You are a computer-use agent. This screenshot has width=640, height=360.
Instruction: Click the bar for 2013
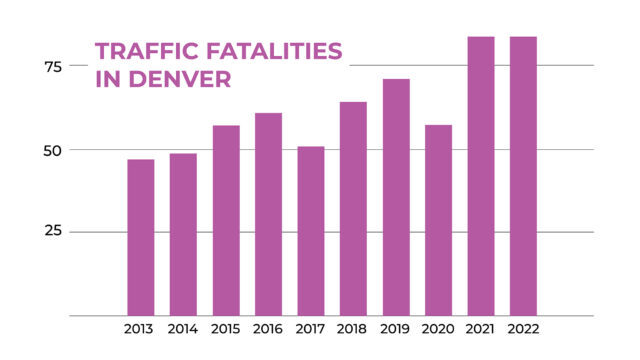(x=140, y=237)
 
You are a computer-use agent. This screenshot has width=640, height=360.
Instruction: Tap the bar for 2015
(x=226, y=220)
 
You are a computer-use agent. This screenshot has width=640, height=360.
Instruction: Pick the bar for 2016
(x=268, y=214)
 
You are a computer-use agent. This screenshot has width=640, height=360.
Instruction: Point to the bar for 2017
(x=311, y=231)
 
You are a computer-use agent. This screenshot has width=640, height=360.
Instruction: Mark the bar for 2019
(x=396, y=197)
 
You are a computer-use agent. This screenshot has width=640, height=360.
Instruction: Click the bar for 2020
(x=438, y=220)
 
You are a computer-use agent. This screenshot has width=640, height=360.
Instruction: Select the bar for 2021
(x=481, y=176)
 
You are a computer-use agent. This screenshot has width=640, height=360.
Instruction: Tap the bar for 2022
(x=523, y=176)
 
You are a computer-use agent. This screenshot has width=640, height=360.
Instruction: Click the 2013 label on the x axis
(x=140, y=329)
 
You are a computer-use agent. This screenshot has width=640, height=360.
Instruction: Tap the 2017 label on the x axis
(x=311, y=329)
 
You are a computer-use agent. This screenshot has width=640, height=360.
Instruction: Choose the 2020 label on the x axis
(x=438, y=329)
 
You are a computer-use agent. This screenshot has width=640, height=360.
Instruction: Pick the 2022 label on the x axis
(x=523, y=329)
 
